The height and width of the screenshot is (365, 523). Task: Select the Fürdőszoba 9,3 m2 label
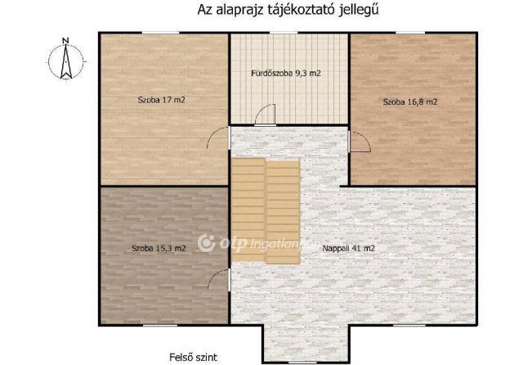[x=285, y=74]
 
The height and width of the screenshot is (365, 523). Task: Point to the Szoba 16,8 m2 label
[x=410, y=102]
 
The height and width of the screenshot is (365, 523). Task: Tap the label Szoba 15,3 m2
[x=159, y=247]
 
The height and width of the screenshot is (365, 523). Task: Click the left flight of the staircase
[x=248, y=210]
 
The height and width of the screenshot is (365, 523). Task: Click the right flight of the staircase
[x=283, y=210]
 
